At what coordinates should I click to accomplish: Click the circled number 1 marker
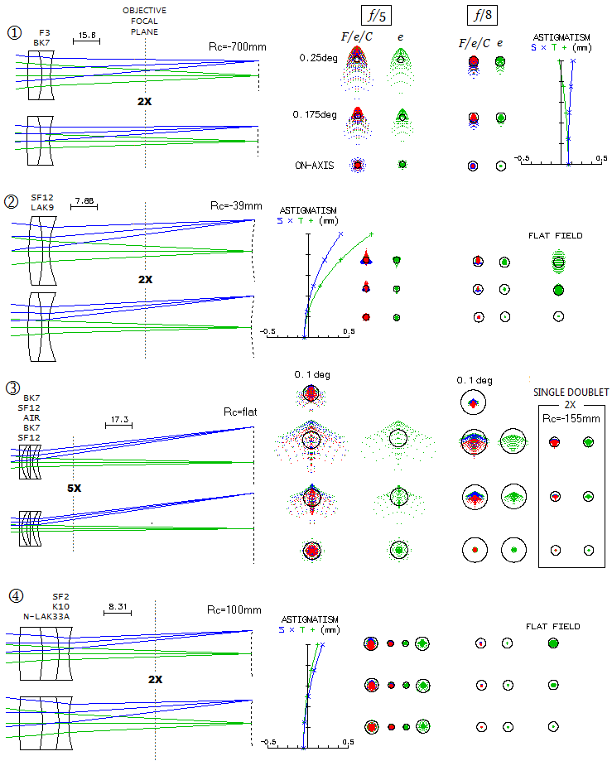coord(14,32)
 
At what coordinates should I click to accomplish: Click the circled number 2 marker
coord(12,200)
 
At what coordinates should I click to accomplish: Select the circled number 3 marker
coord(12,388)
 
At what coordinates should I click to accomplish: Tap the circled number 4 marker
coord(14,595)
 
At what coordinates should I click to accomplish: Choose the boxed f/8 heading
coord(482,14)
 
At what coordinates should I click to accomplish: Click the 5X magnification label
coord(74,489)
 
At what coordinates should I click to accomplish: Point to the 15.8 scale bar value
coord(86,35)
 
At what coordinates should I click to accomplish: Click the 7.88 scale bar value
coord(83,201)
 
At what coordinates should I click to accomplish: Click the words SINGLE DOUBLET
coord(571,392)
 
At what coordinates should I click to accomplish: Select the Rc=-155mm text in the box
coord(571,418)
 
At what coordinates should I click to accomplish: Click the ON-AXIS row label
coord(316,166)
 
